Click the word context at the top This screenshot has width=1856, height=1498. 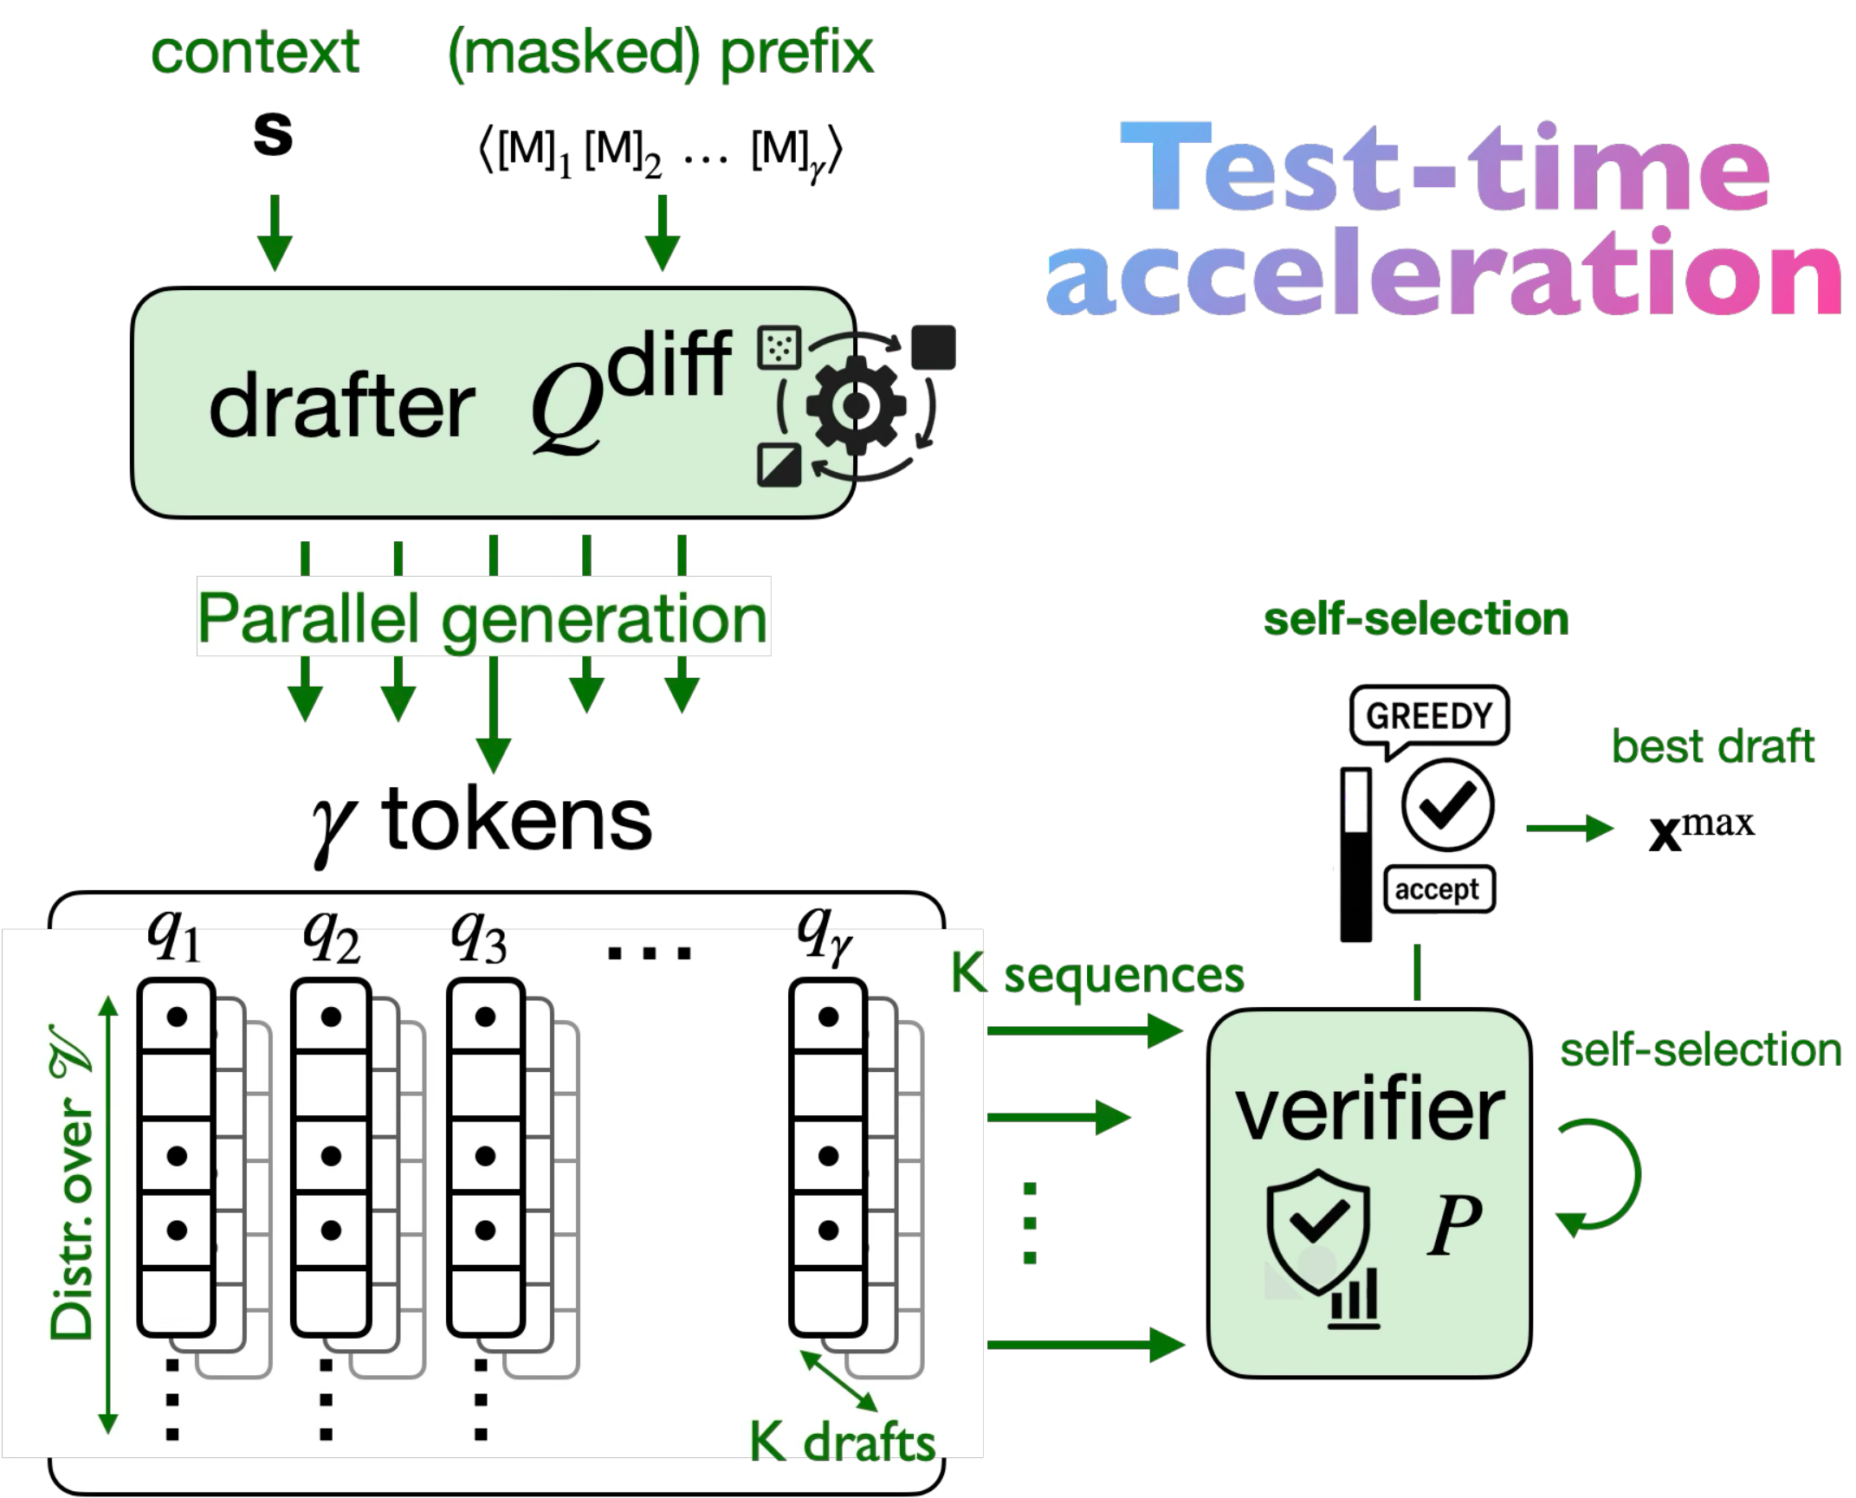[x=255, y=54]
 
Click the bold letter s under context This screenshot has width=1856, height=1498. [x=272, y=134]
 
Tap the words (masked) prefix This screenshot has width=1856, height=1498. [x=660, y=54]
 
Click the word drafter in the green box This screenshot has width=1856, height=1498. [x=341, y=407]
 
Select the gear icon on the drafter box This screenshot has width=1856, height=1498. [x=855, y=405]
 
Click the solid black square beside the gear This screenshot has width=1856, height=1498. [x=933, y=347]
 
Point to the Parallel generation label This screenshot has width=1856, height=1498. [x=482, y=617]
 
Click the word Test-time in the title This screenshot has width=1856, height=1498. [x=1445, y=169]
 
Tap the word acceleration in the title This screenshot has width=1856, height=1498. [x=1443, y=274]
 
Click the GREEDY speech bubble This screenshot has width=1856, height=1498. [x=1429, y=715]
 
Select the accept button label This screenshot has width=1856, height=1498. [x=1437, y=889]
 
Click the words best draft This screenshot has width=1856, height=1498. [x=1711, y=746]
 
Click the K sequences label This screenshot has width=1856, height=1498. [x=1096, y=975]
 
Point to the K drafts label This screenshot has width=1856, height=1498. [x=842, y=1443]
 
